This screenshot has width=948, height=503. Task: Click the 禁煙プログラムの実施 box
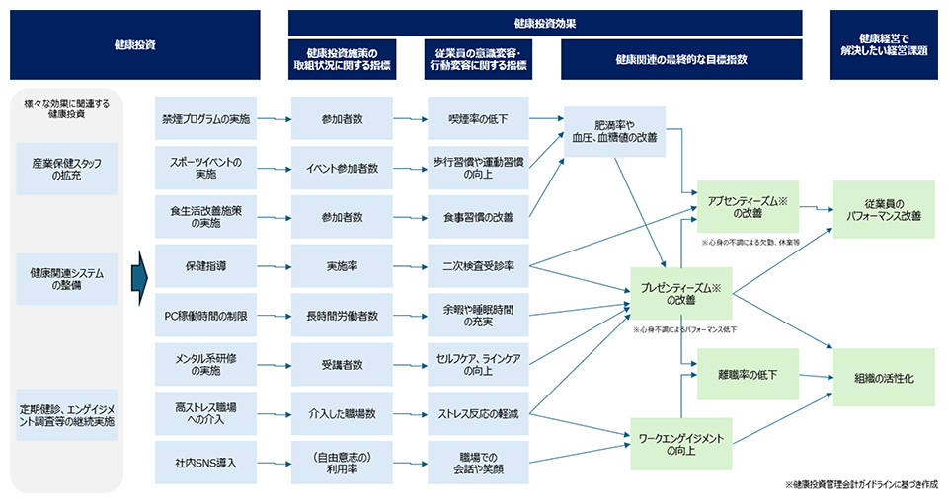(205, 118)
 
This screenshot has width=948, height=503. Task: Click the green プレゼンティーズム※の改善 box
(680, 293)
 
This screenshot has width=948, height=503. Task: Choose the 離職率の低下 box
(748, 376)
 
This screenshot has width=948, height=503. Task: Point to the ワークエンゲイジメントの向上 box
(680, 443)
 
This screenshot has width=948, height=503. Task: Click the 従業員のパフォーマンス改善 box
(883, 208)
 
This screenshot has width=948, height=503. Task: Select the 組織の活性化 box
(883, 376)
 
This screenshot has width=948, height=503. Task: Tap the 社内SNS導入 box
(205, 463)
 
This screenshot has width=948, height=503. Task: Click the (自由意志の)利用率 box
(342, 463)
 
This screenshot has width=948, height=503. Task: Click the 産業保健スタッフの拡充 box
(67, 168)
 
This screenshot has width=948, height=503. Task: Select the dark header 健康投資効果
(545, 23)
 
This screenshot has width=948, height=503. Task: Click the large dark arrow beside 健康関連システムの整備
(138, 266)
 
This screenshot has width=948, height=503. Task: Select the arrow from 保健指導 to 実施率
(274, 266)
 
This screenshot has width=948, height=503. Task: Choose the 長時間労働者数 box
(342, 316)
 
